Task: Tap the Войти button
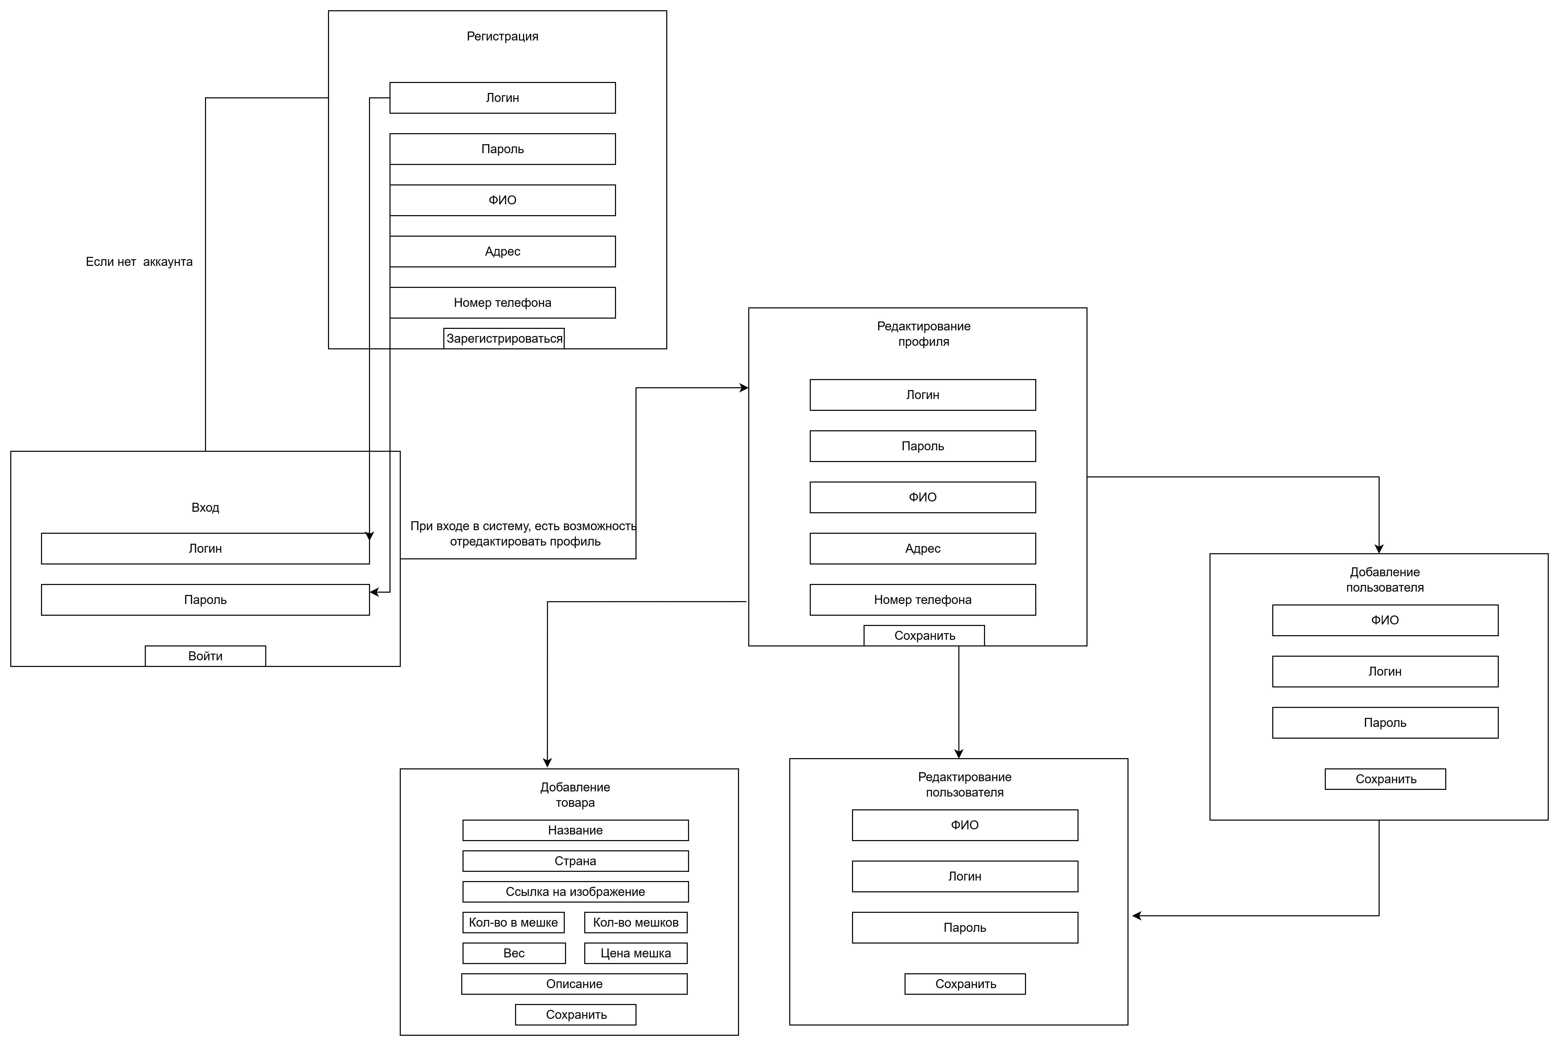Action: click(206, 656)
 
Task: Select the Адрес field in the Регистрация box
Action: click(502, 252)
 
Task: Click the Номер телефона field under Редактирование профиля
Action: click(923, 600)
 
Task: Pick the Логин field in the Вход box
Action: click(206, 548)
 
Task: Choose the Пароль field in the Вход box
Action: click(206, 600)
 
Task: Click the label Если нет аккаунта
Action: click(139, 261)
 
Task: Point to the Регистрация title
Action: click(502, 36)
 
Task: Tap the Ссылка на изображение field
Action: click(575, 892)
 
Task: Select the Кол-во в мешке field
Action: click(513, 923)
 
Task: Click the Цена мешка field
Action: click(636, 953)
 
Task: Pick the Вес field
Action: click(514, 953)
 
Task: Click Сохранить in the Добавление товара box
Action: click(576, 1015)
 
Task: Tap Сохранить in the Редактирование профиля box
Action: click(924, 636)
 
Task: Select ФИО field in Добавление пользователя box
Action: click(1386, 620)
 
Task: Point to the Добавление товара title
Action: click(575, 794)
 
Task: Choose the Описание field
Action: click(575, 984)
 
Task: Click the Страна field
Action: click(575, 861)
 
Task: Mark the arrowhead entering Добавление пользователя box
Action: click(1379, 549)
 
